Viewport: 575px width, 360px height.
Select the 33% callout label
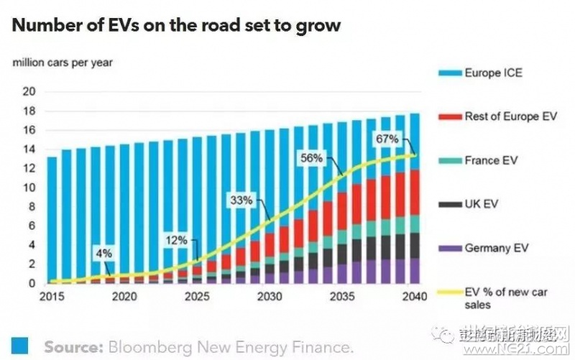[x=241, y=200]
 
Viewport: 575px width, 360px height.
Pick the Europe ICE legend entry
[x=493, y=73]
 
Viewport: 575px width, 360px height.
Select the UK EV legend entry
[x=482, y=205]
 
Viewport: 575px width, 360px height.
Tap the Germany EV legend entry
[x=497, y=249]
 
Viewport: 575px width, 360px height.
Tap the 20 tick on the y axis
[x=29, y=91]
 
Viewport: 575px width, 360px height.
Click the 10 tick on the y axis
[x=29, y=188]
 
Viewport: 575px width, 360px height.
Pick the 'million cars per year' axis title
[x=62, y=62]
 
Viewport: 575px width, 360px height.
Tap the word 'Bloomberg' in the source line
[x=155, y=347]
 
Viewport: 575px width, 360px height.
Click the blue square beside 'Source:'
[x=19, y=346]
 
